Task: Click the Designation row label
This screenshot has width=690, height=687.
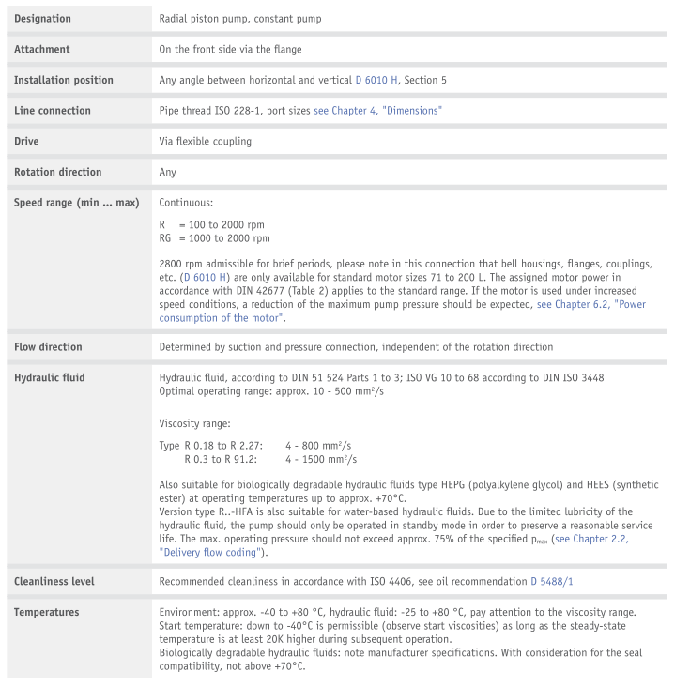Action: tap(42, 19)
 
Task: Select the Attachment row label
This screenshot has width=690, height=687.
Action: tap(42, 49)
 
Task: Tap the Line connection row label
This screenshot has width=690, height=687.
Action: tap(53, 111)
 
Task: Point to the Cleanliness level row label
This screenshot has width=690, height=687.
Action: tap(54, 582)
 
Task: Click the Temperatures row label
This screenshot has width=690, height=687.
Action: tap(47, 613)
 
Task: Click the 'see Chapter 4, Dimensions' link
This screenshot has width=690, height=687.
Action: tap(378, 111)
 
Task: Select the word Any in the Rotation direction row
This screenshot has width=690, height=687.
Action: tap(168, 173)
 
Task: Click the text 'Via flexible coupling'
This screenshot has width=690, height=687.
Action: tap(205, 142)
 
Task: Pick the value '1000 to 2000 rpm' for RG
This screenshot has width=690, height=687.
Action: tap(227, 238)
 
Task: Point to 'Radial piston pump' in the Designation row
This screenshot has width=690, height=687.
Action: tap(205, 19)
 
